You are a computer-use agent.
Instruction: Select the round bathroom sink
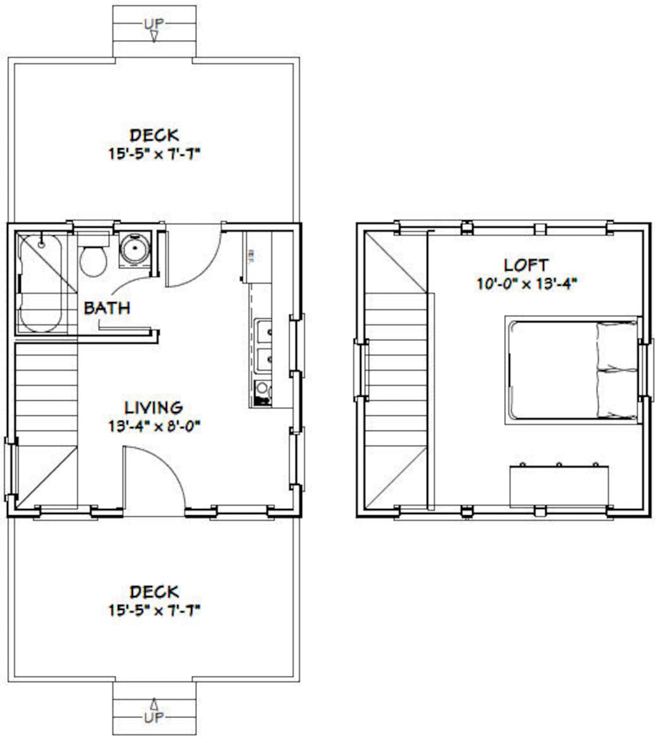pos(134,250)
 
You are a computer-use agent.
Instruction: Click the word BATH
pos(107,308)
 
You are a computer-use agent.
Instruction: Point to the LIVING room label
pos(154,408)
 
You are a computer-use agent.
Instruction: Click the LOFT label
pos(526,265)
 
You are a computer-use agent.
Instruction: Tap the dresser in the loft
pos(559,486)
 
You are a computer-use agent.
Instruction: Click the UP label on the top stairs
pos(154,24)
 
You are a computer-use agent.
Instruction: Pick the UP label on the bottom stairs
pos(154,717)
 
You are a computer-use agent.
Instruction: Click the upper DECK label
pos(154,135)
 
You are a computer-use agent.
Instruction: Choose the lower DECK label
pos(154,592)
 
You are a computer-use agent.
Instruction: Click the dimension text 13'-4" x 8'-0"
pos(154,426)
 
